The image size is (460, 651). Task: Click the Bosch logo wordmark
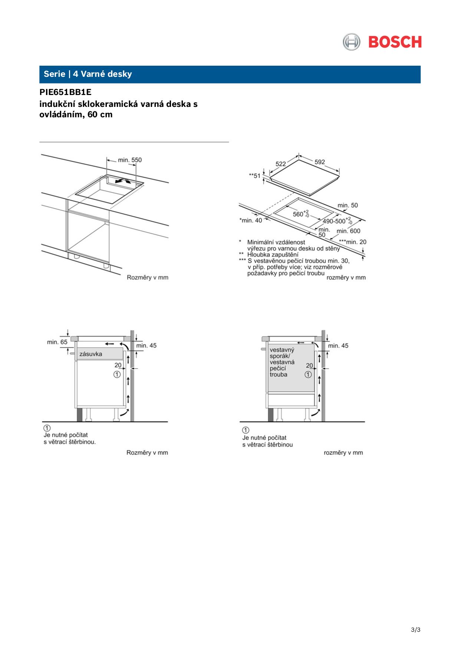tap(395, 42)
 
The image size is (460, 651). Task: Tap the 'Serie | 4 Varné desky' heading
tap(88, 74)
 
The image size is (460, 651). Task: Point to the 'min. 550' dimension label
tap(129, 160)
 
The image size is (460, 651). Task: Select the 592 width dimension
tap(319, 162)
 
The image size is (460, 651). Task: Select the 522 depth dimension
tap(280, 164)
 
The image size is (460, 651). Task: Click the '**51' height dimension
tap(254, 176)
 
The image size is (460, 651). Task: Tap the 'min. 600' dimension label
tap(348, 231)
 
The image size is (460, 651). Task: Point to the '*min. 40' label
tap(250, 220)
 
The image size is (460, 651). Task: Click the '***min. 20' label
tap(352, 242)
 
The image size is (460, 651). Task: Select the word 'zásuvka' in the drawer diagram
tap(91, 354)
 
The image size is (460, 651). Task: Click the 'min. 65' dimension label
tap(57, 342)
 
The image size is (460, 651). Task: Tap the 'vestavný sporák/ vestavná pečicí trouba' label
tap(282, 362)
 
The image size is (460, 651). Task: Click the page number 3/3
tap(415, 629)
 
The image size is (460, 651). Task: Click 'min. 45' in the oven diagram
tap(338, 346)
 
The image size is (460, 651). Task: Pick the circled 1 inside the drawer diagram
tap(117, 374)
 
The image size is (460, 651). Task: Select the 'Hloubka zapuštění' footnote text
tap(273, 254)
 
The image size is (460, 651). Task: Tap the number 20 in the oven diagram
tap(309, 366)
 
